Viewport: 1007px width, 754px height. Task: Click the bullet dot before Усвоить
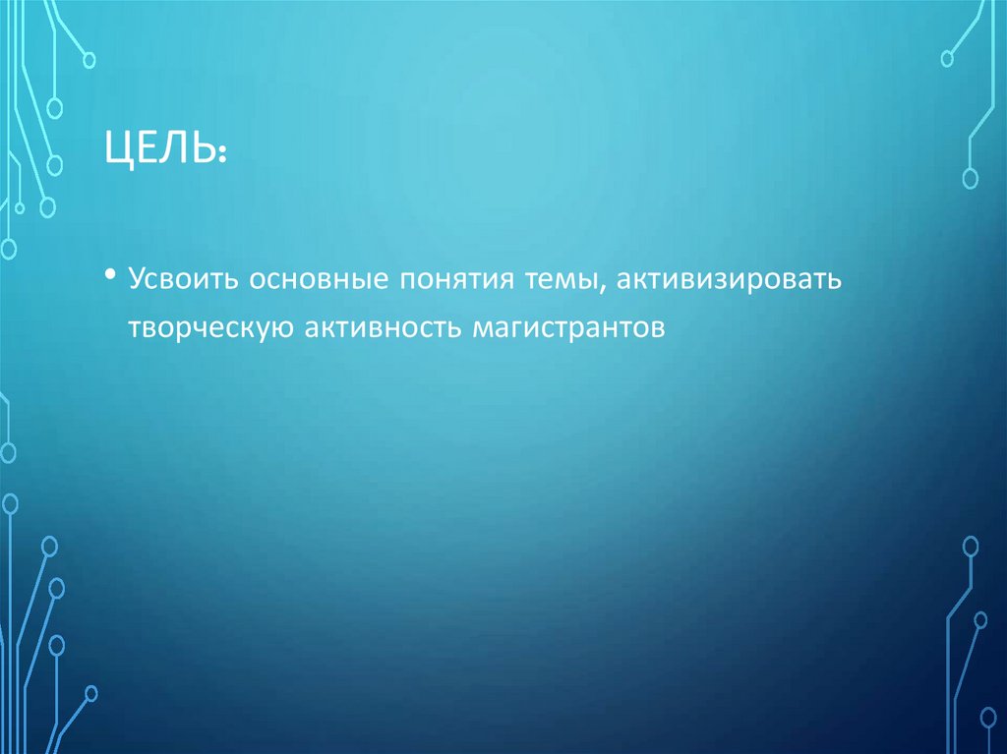[113, 275]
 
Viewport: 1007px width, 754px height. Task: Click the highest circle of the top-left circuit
[89, 60]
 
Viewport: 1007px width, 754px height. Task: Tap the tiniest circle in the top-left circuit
[18, 207]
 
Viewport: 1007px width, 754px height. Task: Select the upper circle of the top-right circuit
[948, 59]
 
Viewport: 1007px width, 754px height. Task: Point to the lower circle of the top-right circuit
[970, 178]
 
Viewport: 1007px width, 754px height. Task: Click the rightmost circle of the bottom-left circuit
[90, 693]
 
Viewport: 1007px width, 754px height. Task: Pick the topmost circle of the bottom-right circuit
[970, 545]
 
